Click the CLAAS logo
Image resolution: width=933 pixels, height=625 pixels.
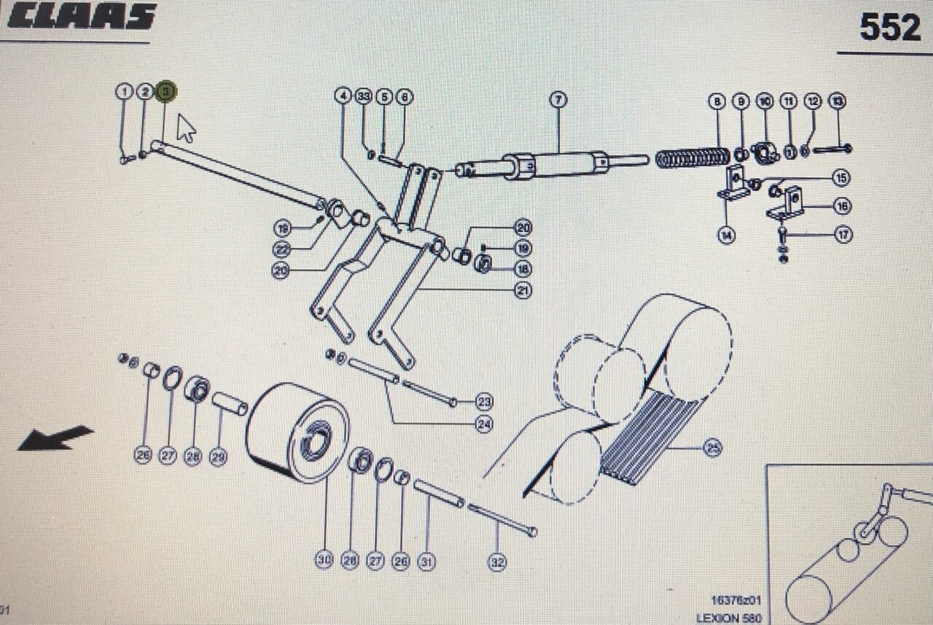pyautogui.click(x=82, y=16)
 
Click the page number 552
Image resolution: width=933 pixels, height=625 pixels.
pyautogui.click(x=890, y=28)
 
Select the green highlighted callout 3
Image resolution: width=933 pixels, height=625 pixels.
pyautogui.click(x=166, y=90)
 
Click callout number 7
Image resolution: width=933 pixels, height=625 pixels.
pyautogui.click(x=558, y=100)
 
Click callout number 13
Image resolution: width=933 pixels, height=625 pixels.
pyautogui.click(x=838, y=101)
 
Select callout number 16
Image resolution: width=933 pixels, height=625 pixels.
pyautogui.click(x=842, y=206)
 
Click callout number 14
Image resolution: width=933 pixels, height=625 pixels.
pyautogui.click(x=726, y=236)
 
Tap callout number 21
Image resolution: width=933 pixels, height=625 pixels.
pyautogui.click(x=523, y=290)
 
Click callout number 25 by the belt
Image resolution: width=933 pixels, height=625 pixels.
pyautogui.click(x=712, y=449)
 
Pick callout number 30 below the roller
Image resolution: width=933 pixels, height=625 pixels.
pyautogui.click(x=324, y=559)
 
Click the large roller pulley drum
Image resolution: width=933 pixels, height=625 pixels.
pyautogui.click(x=297, y=432)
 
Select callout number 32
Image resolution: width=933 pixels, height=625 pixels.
pyautogui.click(x=497, y=562)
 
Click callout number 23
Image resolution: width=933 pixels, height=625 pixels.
pyautogui.click(x=485, y=400)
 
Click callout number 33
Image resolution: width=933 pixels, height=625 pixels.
pyautogui.click(x=364, y=96)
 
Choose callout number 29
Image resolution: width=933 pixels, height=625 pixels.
pyautogui.click(x=218, y=457)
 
